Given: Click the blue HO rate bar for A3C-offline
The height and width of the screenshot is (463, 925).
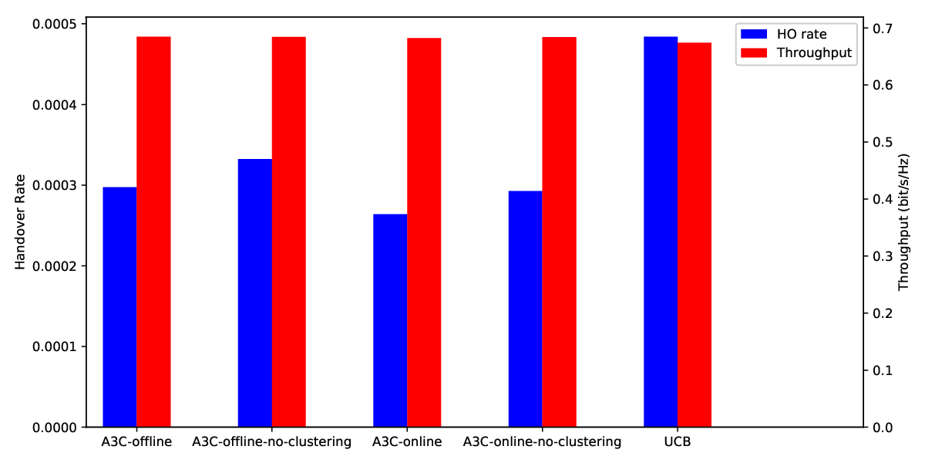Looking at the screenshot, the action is pos(119,307).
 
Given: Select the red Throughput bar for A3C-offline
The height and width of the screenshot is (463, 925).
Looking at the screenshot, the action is pos(153,231).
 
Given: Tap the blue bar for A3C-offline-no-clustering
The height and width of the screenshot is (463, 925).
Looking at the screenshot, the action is pos(255,292).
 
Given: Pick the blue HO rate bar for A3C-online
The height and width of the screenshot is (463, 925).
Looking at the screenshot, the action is pos(390,320).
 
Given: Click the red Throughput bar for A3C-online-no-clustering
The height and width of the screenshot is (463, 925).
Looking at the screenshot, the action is pos(559,232).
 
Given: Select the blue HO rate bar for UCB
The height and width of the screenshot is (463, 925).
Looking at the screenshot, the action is pos(661,231).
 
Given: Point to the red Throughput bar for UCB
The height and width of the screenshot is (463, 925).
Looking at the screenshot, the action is pos(695,235).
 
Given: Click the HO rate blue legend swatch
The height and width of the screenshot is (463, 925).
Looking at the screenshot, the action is pos(754,34).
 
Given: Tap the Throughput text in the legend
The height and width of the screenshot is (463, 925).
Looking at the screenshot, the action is pos(814,53).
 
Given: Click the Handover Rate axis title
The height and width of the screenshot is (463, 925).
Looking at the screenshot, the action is pos(20,222).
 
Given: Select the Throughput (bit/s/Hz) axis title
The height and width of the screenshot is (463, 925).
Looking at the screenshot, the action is pos(904,222).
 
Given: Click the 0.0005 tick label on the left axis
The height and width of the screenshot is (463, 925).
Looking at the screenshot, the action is pos(55,24).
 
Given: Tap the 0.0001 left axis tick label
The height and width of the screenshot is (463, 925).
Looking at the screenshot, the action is pos(55,346).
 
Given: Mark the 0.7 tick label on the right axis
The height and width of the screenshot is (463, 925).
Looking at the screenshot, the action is pos(883,29).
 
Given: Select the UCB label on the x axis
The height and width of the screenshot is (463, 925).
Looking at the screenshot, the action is pos(678,442).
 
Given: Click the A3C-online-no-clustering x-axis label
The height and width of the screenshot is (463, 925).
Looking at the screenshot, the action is pos(542,442).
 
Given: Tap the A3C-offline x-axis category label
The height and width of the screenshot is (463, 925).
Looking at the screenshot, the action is pos(136,442).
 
